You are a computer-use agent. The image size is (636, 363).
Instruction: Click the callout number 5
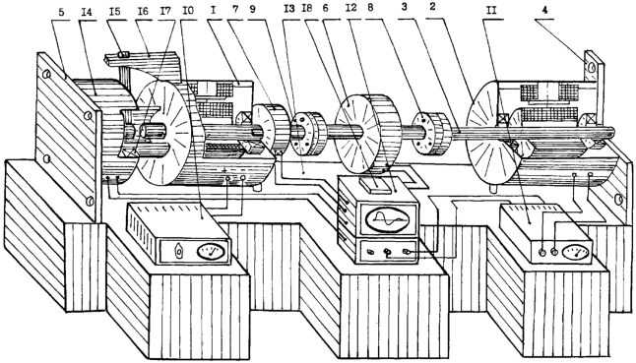[61, 12]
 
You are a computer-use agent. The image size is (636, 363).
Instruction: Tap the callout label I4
[87, 12]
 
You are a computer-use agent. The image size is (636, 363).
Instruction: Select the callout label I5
[115, 11]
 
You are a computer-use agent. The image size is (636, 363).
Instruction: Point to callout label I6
[143, 11]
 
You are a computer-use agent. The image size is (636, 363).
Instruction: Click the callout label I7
[165, 11]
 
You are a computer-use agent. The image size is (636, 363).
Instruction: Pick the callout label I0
[187, 11]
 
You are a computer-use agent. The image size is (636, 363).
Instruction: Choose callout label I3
[289, 9]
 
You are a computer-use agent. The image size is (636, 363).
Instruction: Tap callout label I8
[306, 9]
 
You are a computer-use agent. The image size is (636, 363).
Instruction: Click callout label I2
[350, 8]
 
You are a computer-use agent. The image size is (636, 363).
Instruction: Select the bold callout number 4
[544, 10]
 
